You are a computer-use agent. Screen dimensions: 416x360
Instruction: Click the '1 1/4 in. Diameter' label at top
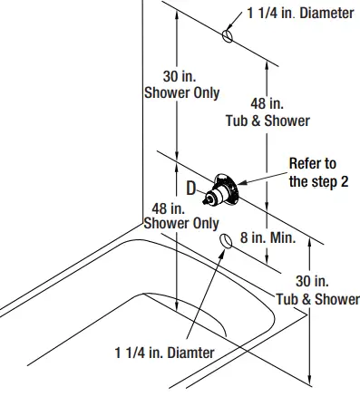[301, 14]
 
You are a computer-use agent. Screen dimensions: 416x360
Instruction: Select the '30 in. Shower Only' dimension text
[181, 85]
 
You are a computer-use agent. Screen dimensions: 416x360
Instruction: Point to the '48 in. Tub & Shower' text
[268, 111]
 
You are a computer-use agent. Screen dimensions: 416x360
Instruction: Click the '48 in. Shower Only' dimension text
[181, 216]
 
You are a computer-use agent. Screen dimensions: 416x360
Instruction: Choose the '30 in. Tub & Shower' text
[317, 290]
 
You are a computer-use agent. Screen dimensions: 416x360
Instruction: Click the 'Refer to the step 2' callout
[313, 172]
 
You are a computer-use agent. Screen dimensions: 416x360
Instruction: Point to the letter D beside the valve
[191, 188]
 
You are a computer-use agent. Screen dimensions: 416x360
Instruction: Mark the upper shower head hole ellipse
[228, 34]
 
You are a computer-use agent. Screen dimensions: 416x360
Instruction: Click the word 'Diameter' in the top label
[324, 14]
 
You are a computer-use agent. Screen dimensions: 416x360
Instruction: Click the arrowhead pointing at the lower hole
[220, 252]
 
